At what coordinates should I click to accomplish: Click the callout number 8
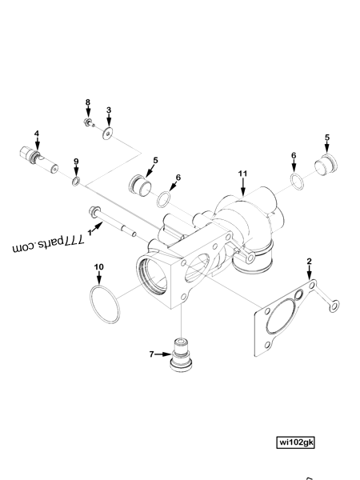pyautogui.click(x=89, y=102)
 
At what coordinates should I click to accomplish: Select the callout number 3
pyautogui.click(x=109, y=110)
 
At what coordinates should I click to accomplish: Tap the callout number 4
pyautogui.click(x=36, y=133)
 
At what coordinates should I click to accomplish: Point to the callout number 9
pyautogui.click(x=76, y=162)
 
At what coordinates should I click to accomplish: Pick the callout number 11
pyautogui.click(x=242, y=173)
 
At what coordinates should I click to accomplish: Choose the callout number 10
pyautogui.click(x=98, y=266)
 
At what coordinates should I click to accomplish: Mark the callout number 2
pyautogui.click(x=310, y=262)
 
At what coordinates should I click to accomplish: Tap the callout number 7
pyautogui.click(x=151, y=353)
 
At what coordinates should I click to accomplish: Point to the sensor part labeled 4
pyautogui.click(x=37, y=158)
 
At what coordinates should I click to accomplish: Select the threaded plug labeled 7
pyautogui.click(x=185, y=357)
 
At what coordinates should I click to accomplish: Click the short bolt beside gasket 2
pyautogui.click(x=327, y=298)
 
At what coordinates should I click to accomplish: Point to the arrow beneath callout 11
pyautogui.click(x=242, y=188)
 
